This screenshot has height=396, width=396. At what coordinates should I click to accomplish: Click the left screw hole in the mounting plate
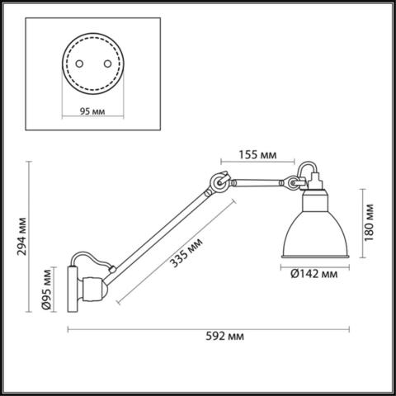[x=78, y=64]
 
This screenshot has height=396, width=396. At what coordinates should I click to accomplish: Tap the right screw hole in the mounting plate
[x=105, y=64]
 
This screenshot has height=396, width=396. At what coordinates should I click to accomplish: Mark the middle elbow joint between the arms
[x=219, y=181]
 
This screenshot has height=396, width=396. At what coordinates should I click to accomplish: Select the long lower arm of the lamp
[x=161, y=226]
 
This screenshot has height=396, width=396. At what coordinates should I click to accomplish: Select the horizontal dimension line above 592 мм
[x=217, y=328]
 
